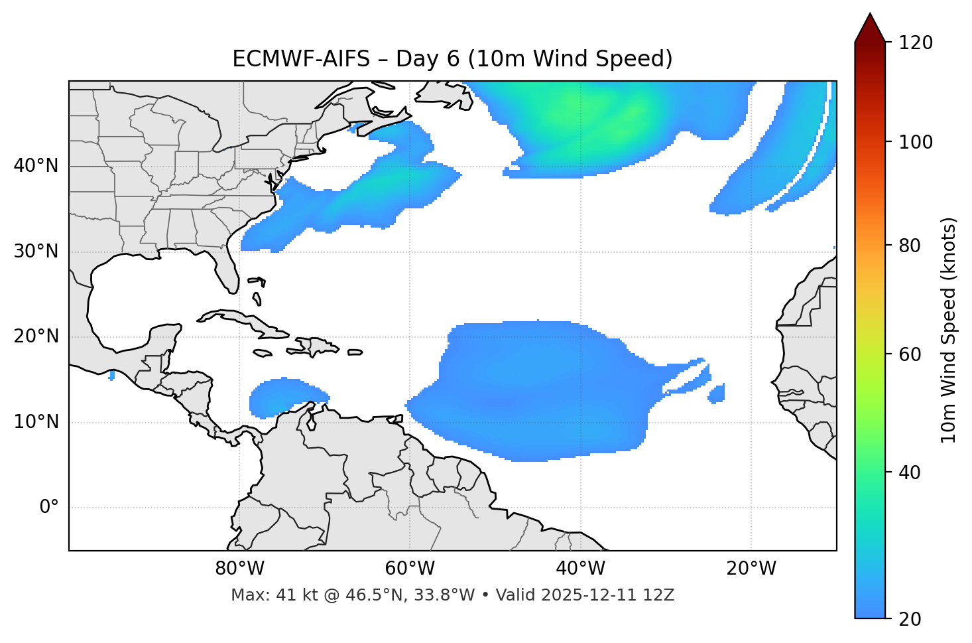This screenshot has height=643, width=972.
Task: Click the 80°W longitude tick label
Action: pos(239,569)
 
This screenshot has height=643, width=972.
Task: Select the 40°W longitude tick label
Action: pos(580,569)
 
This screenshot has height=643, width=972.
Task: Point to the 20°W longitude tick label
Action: pos(751,569)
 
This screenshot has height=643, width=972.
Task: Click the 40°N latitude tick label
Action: pos(36,166)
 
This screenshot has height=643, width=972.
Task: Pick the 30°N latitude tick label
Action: pos(36,251)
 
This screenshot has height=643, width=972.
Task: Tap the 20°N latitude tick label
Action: pos(36,336)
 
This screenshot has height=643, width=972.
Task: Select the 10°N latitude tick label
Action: pos(36,422)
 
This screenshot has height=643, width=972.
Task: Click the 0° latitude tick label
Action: pos(49,508)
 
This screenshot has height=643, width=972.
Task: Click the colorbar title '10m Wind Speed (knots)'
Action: pos(949,330)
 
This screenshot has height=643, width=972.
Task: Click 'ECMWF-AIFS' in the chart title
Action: pos(301,59)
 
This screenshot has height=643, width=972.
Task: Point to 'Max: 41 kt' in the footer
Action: pos(265,595)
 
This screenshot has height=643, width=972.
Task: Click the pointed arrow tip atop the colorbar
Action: pos(870,16)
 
